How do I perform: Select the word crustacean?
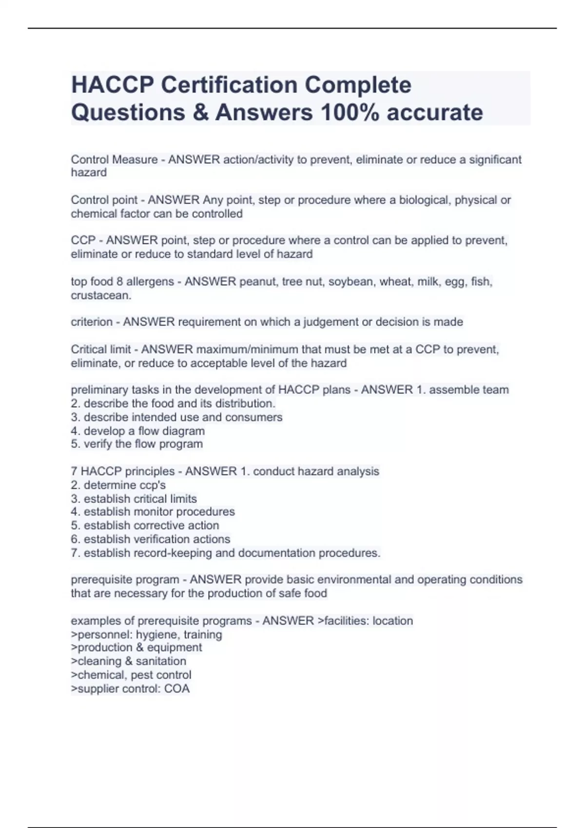pos(101,295)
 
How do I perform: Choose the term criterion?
pos(92,322)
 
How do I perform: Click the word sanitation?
pos(161,661)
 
